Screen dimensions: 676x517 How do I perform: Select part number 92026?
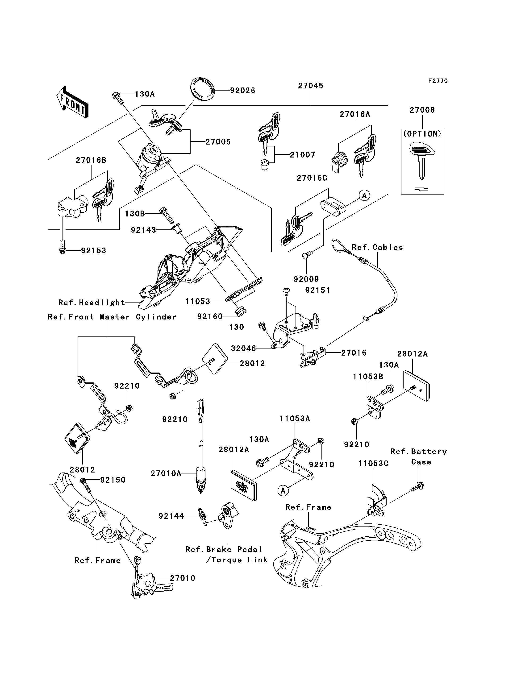[x=242, y=91]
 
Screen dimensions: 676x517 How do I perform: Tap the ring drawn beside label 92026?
[x=202, y=89]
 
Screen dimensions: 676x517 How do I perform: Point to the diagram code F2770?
[x=438, y=81]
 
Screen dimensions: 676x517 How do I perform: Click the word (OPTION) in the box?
[x=422, y=134]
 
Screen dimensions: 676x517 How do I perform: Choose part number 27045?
[x=311, y=86]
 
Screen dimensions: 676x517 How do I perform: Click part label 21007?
[x=303, y=154]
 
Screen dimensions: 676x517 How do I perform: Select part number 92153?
[x=94, y=250]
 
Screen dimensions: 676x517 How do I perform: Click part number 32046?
[x=243, y=348]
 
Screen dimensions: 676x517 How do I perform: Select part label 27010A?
[x=166, y=473]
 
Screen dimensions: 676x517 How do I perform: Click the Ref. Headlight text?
[x=92, y=303]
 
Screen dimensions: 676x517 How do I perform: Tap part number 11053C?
[x=373, y=463]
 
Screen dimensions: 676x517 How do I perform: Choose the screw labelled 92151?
[x=286, y=291]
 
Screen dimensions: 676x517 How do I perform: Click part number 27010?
[x=183, y=578]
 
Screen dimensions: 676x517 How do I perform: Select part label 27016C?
[x=312, y=178]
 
